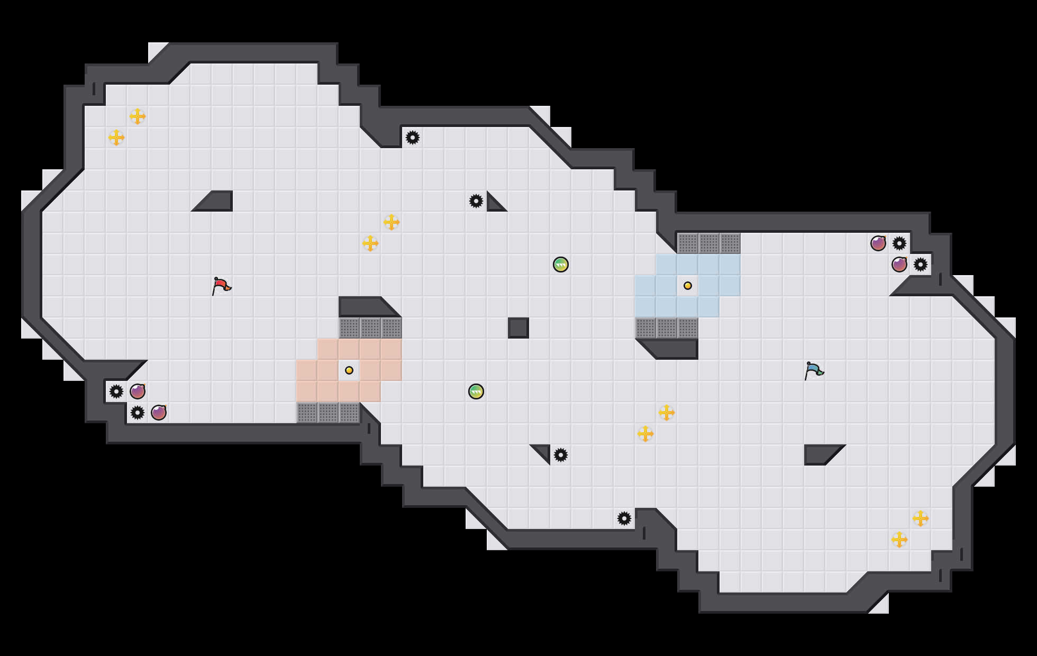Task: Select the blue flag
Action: coord(814,370)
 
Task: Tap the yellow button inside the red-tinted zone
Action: coord(349,370)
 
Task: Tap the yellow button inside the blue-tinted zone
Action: coord(688,286)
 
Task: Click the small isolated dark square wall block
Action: coord(518,328)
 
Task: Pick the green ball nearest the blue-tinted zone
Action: coord(561,265)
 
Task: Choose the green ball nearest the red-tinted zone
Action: coord(476,391)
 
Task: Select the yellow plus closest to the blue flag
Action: coord(667,413)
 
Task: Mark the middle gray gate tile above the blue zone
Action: coord(709,243)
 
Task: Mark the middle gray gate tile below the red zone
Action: coord(328,413)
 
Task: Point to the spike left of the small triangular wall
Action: coord(476,201)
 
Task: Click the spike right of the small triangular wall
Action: coord(561,455)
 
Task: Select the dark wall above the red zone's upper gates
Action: coord(365,306)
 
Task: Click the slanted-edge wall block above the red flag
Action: coord(217,202)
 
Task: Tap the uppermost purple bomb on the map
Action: coord(878,243)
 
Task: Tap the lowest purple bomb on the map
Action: coord(159,413)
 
